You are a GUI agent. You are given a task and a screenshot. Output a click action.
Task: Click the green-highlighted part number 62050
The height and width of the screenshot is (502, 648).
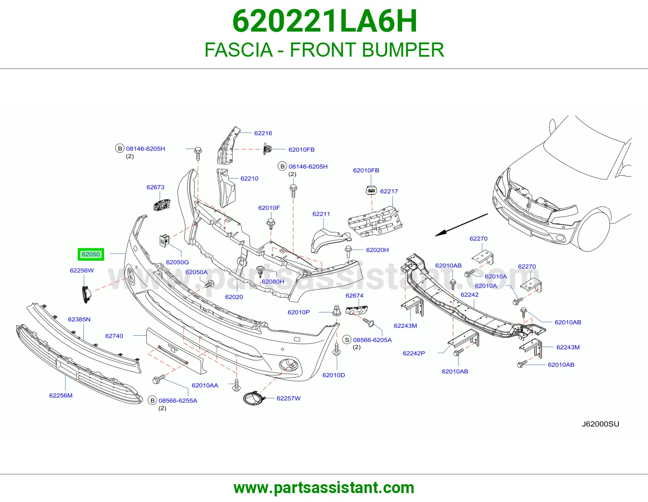[91, 254]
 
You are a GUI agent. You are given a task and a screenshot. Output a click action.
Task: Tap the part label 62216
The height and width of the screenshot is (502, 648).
[263, 133]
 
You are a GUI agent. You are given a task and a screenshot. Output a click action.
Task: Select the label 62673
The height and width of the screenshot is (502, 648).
[156, 187]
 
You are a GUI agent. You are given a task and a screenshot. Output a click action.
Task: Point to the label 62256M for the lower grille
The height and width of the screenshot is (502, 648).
[61, 396]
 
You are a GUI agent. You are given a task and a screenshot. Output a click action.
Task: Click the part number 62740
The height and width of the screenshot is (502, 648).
[114, 336]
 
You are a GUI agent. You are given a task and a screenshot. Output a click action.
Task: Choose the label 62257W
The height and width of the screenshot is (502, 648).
[289, 398]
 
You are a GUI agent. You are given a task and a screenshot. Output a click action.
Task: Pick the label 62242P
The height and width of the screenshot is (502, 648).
[414, 353]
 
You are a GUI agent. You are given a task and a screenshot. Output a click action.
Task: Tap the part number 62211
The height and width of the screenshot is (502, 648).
[321, 214]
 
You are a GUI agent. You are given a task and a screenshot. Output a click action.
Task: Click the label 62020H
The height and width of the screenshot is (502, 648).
[377, 250]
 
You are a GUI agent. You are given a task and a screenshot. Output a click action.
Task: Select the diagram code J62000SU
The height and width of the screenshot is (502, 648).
[601, 424]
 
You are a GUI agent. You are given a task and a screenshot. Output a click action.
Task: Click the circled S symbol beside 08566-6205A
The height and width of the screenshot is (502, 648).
[347, 340]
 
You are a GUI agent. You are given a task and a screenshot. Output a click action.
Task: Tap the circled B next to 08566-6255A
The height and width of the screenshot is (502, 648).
[152, 400]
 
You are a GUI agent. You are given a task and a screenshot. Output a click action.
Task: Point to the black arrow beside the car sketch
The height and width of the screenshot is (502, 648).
[461, 225]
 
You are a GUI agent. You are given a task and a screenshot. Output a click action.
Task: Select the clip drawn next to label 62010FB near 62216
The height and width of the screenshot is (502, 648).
[267, 149]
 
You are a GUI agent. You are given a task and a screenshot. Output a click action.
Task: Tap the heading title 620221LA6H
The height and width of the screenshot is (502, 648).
[325, 21]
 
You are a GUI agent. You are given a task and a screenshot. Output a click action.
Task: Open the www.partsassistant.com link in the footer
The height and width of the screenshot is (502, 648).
[324, 488]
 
